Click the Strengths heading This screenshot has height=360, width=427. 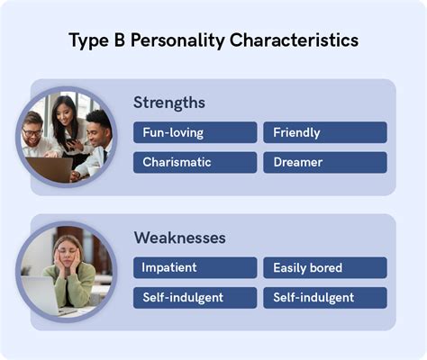pos(169,103)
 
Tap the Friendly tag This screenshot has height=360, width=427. pos(324,132)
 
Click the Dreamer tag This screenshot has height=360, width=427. pos(324,163)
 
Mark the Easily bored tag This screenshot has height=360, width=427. pos(324,267)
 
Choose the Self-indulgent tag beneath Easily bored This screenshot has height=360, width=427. pos(324,298)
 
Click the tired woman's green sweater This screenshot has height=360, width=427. pos(77,288)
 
